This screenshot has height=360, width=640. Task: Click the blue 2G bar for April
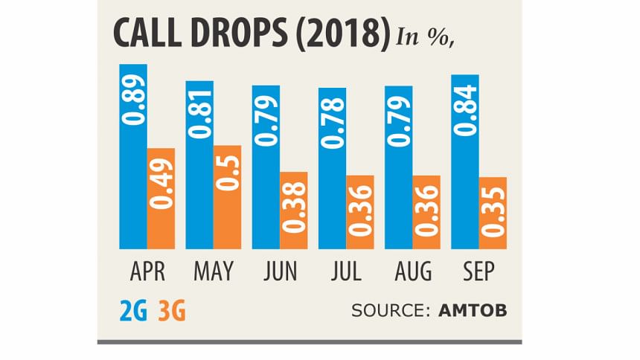point(133,156)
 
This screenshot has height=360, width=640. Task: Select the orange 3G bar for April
point(161,199)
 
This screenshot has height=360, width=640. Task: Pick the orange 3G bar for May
point(227,197)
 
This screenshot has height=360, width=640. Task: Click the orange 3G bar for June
point(293,210)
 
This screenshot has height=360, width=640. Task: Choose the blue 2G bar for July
point(332,168)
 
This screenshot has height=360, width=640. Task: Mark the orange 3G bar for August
point(426,212)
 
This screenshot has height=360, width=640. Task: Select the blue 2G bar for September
point(465,162)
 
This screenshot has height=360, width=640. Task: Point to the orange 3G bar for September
point(493,213)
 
